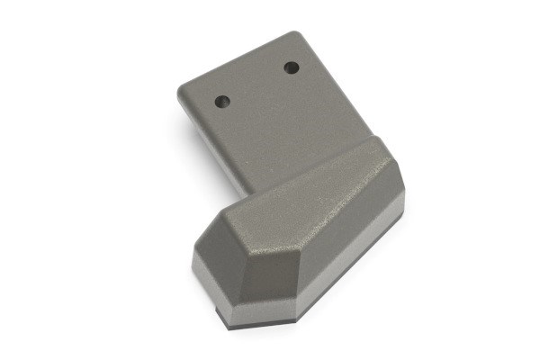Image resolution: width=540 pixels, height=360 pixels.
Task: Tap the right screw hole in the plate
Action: [291, 67]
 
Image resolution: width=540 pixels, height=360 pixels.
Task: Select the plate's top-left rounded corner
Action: [183, 87]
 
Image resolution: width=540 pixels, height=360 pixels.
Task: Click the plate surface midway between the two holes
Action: [256, 84]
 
